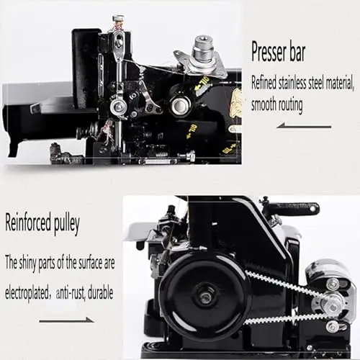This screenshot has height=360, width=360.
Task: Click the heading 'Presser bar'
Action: click(278, 52)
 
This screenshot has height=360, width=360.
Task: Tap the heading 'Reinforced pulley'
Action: click(42, 223)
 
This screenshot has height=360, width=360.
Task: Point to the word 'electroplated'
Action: click(27, 293)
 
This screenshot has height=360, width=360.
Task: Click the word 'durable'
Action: click(100, 293)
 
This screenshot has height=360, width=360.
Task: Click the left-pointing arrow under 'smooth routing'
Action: click(304, 125)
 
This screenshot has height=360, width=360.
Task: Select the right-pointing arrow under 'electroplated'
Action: click(66, 320)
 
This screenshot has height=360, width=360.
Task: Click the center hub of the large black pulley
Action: click(205, 297)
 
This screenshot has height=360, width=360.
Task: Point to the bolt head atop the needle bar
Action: click(118, 18)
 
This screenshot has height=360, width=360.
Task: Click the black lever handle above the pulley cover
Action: click(291, 208)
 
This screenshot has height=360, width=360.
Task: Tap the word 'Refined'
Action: click(264, 83)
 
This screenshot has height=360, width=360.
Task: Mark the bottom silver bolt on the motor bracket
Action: click(331, 326)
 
